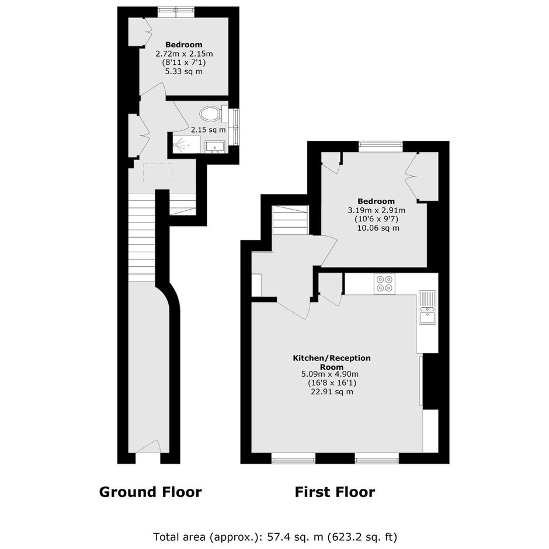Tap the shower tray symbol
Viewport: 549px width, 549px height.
point(186,145)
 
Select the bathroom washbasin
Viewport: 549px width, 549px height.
point(214,147)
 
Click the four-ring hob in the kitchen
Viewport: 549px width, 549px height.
point(384,284)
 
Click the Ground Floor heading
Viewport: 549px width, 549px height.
point(151,492)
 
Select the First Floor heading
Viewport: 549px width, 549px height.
point(335,492)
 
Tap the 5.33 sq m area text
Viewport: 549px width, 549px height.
point(184,71)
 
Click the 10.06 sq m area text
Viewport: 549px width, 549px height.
point(378,228)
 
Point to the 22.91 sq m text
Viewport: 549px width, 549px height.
point(332,392)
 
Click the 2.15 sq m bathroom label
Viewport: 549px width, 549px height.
point(209,130)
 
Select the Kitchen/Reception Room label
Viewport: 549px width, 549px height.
point(332,362)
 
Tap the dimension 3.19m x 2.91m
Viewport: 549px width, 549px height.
point(376,210)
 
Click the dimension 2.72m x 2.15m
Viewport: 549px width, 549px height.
point(184,54)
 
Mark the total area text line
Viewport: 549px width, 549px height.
point(275,537)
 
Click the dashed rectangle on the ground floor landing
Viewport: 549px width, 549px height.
point(158,173)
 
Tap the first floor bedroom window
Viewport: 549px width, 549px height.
point(381,147)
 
